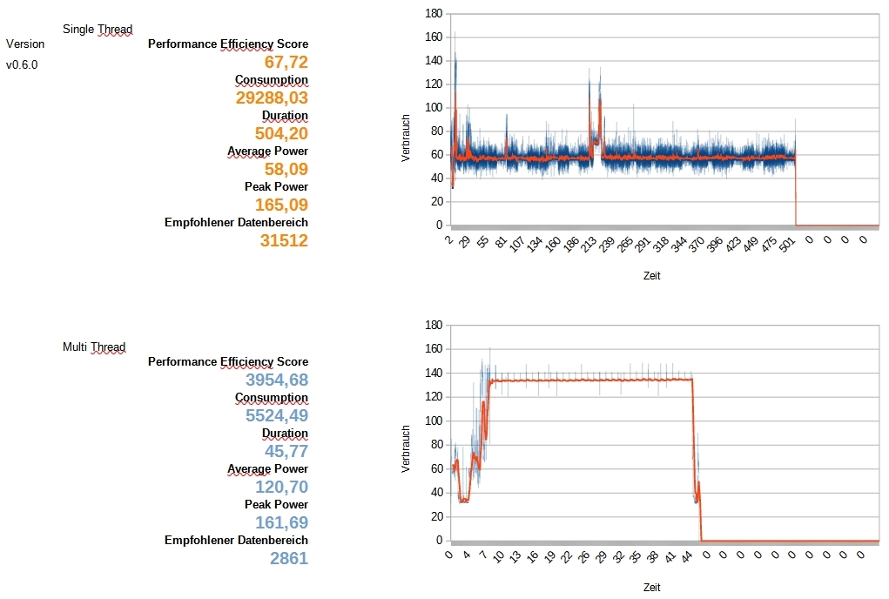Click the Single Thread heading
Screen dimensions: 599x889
[x=98, y=30]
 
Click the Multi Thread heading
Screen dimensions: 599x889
[x=94, y=347]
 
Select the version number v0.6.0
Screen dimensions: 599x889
[x=22, y=64]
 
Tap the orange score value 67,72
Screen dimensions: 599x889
[x=286, y=62]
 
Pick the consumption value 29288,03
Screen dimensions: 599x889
[x=272, y=98]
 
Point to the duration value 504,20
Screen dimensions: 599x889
[x=281, y=133]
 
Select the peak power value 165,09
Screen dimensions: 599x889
[x=281, y=205]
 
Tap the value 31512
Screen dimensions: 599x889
[x=284, y=240]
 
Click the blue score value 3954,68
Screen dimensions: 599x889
[x=276, y=380]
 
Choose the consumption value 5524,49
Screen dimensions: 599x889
[x=276, y=415]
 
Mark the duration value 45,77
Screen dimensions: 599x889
[x=286, y=451]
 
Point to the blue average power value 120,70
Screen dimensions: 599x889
[x=281, y=487]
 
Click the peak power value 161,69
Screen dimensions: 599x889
[x=281, y=522]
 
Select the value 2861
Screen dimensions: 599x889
[x=288, y=558]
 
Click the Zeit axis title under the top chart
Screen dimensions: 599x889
[x=651, y=276]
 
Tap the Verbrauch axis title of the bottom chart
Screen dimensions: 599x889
[x=406, y=449]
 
